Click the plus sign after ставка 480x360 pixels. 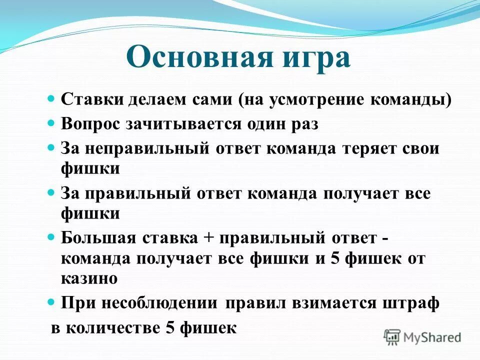pyautogui.click(x=208, y=238)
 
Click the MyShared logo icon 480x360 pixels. pyautogui.click(x=392, y=337)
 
